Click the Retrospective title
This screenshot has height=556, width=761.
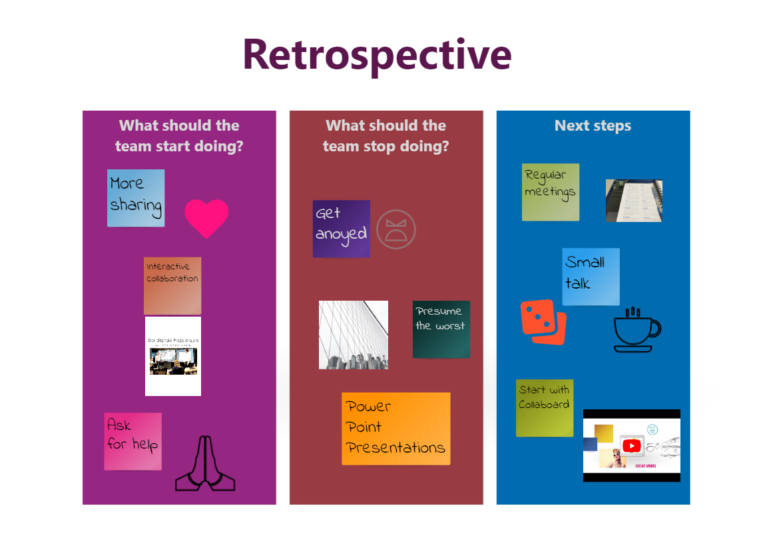tap(377, 55)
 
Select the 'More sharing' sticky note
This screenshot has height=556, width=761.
tap(136, 198)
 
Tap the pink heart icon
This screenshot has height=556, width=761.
tap(206, 217)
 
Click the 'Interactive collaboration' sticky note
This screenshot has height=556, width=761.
tap(172, 285)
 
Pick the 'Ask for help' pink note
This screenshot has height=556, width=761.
tap(132, 441)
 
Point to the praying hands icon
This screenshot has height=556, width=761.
tap(205, 464)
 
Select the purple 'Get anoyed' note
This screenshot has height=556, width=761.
tap(341, 229)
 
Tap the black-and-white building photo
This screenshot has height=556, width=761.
tap(354, 335)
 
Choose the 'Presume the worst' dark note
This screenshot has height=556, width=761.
tap(441, 329)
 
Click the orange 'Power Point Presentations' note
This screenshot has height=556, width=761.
tap(396, 429)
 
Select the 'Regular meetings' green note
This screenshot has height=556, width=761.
tap(550, 192)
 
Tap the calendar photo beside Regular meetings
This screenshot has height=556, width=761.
tap(634, 201)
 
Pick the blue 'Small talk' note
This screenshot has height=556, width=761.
tap(591, 277)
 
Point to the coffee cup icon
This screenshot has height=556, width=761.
tap(636, 330)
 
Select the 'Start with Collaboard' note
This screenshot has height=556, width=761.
tap(545, 408)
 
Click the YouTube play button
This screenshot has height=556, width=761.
tap(631, 445)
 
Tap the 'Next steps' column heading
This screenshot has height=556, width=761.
tap(593, 126)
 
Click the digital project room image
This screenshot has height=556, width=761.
tap(173, 356)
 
